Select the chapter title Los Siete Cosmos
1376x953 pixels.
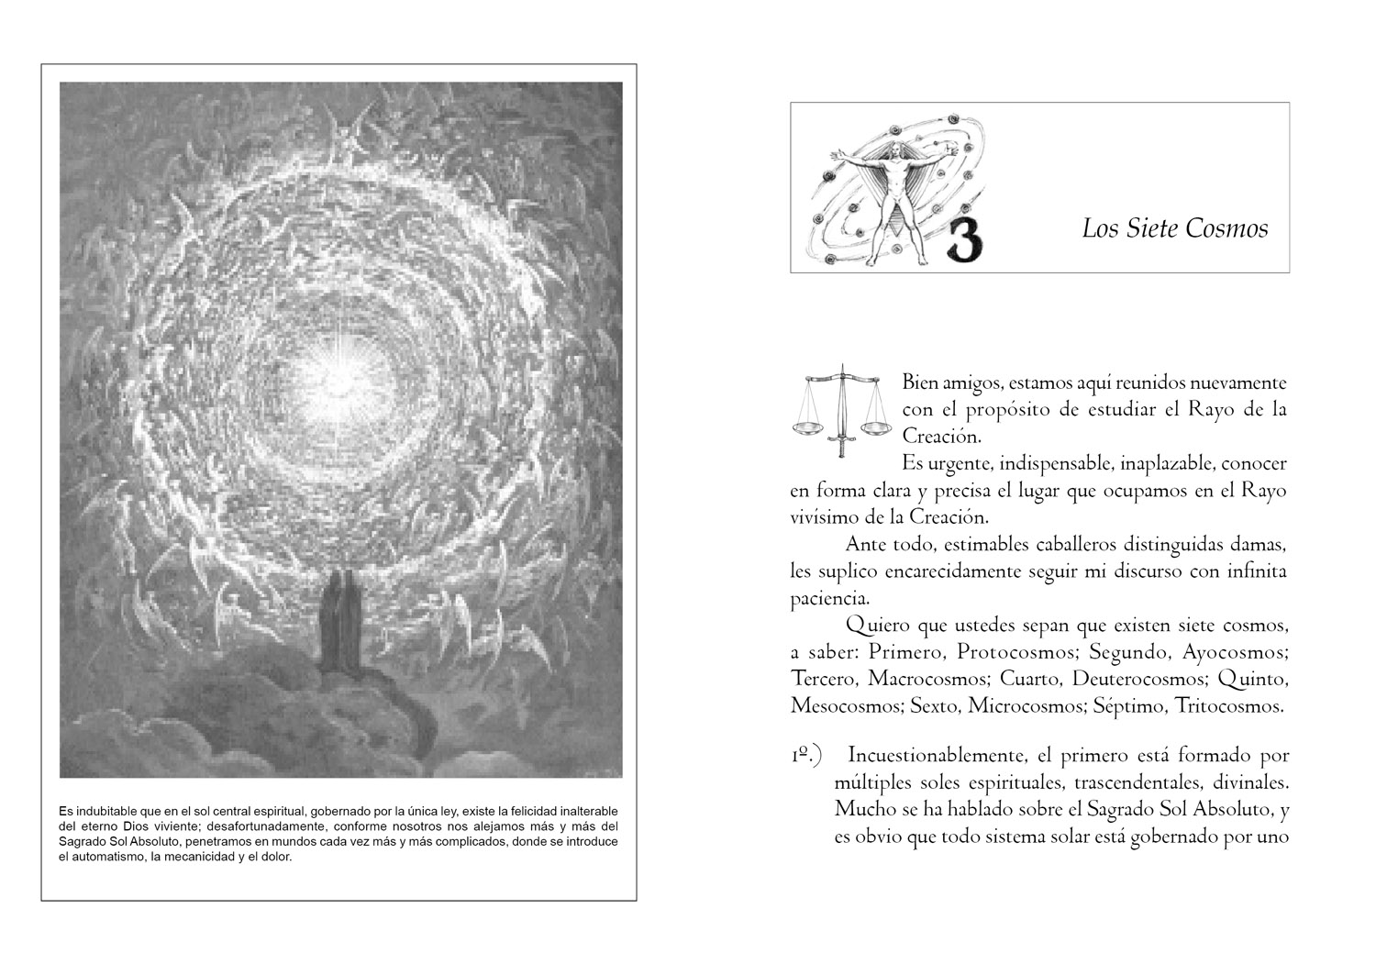pos(1174,228)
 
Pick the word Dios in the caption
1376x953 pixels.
pos(141,826)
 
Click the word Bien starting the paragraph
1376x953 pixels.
pos(922,382)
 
